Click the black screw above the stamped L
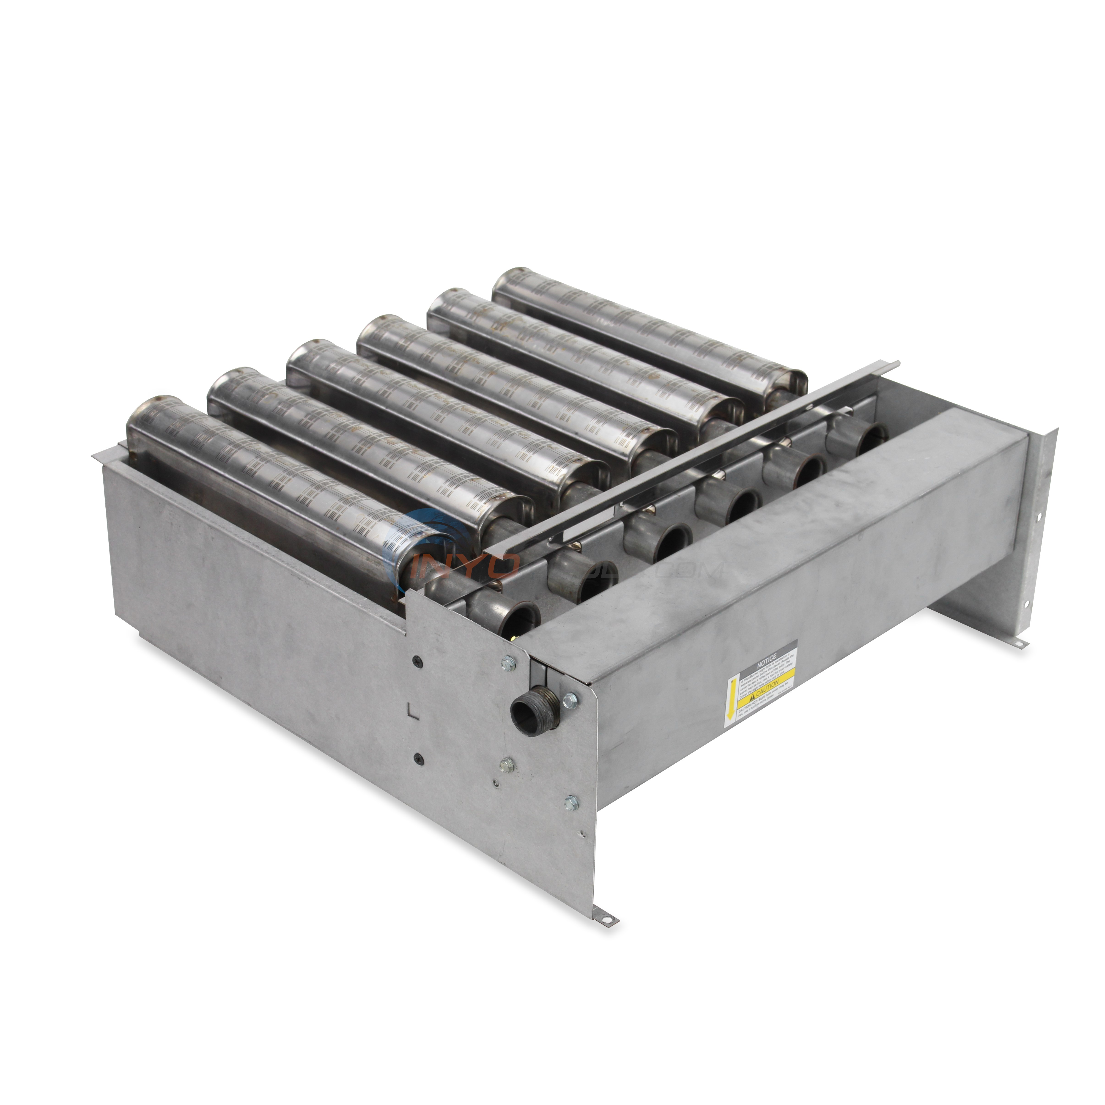(x=416, y=659)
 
